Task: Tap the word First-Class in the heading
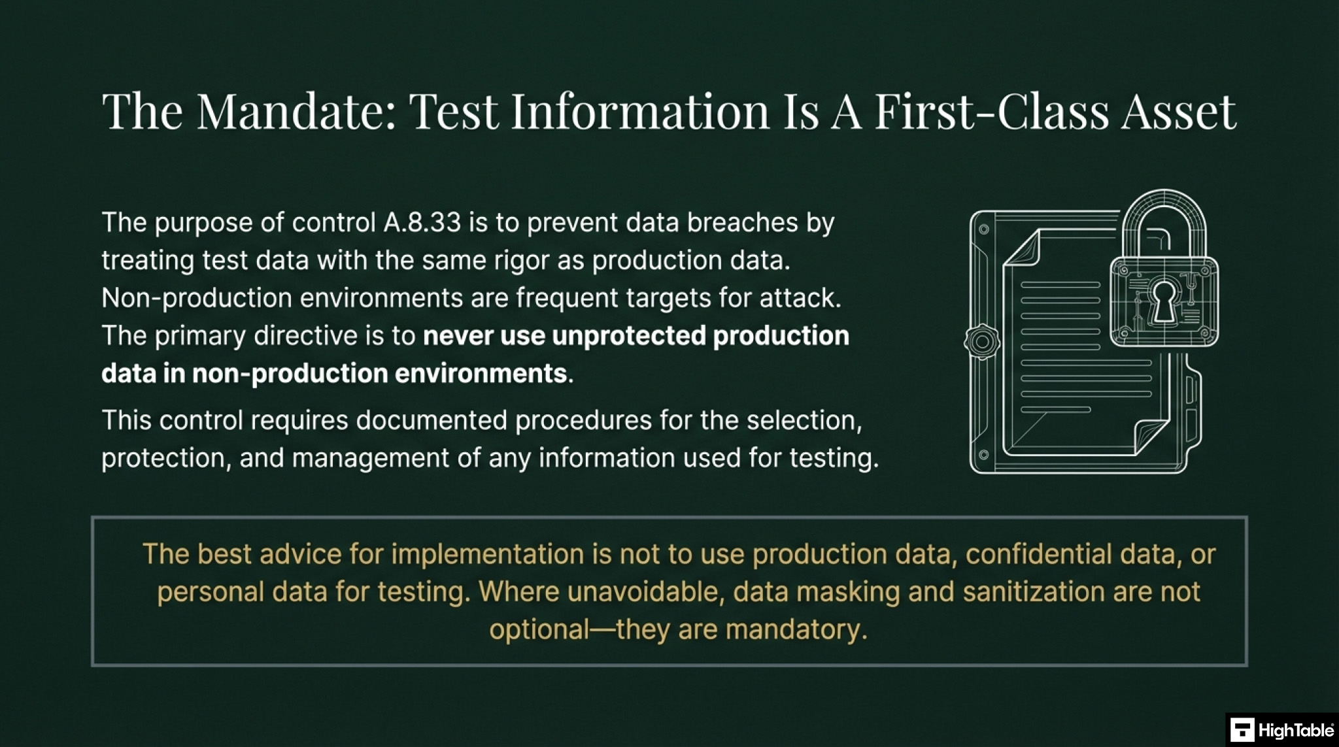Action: point(991,111)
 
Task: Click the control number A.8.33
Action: point(422,223)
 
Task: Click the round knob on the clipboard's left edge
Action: point(981,341)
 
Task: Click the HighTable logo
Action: point(1281,730)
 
